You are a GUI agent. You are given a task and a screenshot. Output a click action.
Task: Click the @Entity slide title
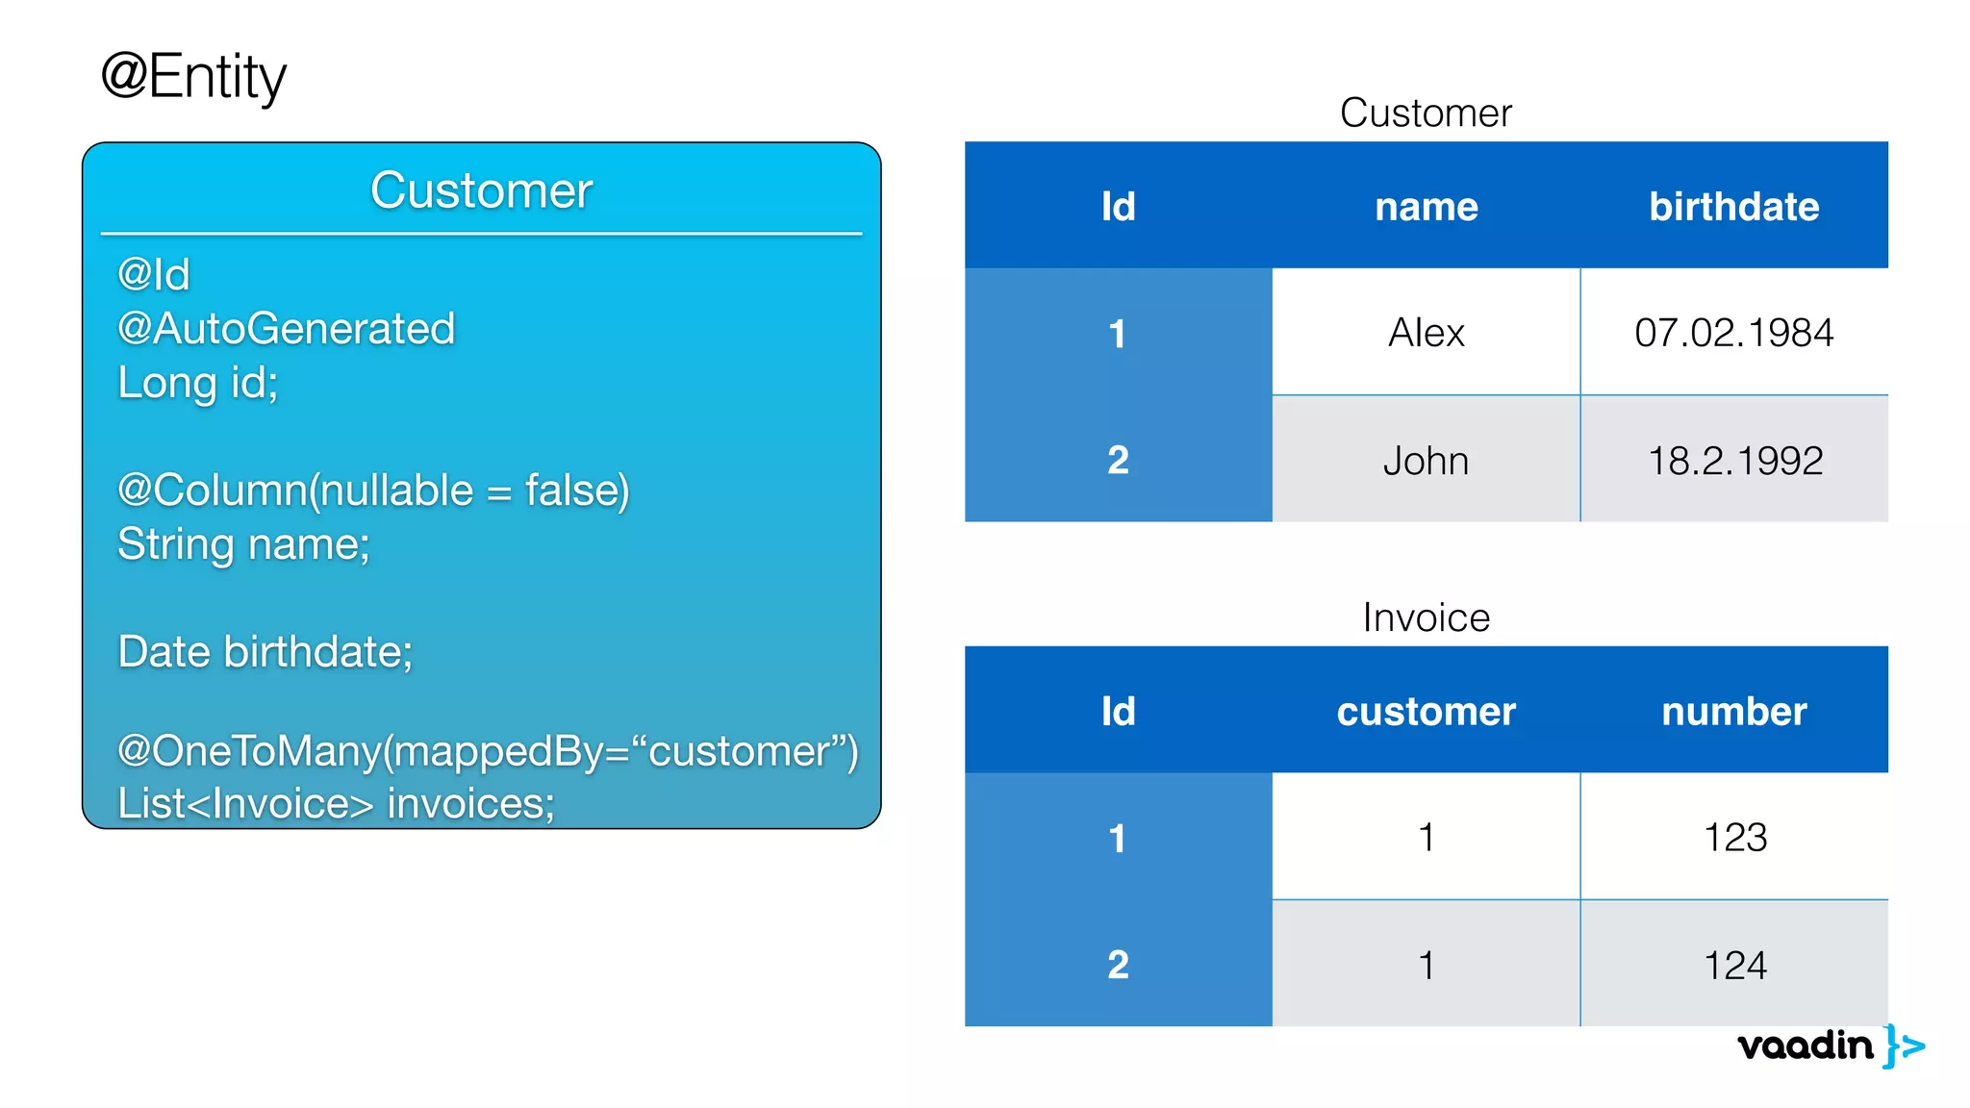click(193, 77)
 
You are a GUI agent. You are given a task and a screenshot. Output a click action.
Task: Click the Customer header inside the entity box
click(481, 190)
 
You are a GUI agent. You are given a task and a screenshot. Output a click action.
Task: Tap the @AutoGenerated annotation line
click(286, 329)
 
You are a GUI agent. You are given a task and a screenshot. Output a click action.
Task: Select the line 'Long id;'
click(197, 383)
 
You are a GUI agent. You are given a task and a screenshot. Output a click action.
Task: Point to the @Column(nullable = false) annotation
click(373, 491)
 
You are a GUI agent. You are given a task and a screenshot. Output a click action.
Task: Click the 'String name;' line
click(243, 544)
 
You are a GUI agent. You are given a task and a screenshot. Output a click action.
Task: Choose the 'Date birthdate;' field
click(265, 652)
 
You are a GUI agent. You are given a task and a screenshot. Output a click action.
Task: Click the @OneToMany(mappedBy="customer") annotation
click(487, 751)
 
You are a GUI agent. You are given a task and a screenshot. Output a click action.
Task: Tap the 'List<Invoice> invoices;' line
click(336, 804)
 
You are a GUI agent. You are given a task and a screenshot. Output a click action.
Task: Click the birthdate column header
click(1733, 207)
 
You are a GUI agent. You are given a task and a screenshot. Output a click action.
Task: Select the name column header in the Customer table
click(1426, 207)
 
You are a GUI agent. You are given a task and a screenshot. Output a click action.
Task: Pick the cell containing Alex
click(1426, 333)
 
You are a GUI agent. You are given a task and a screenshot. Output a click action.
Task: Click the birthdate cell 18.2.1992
click(1734, 461)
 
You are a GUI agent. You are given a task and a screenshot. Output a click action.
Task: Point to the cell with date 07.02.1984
click(1733, 333)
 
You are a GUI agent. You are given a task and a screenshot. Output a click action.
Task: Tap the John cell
click(1426, 461)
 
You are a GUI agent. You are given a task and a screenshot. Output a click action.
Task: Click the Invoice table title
click(1426, 617)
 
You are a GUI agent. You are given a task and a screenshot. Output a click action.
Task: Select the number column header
click(1733, 712)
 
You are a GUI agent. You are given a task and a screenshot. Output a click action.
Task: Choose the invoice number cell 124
click(1734, 965)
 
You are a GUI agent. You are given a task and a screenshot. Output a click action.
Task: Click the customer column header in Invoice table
click(1426, 712)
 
